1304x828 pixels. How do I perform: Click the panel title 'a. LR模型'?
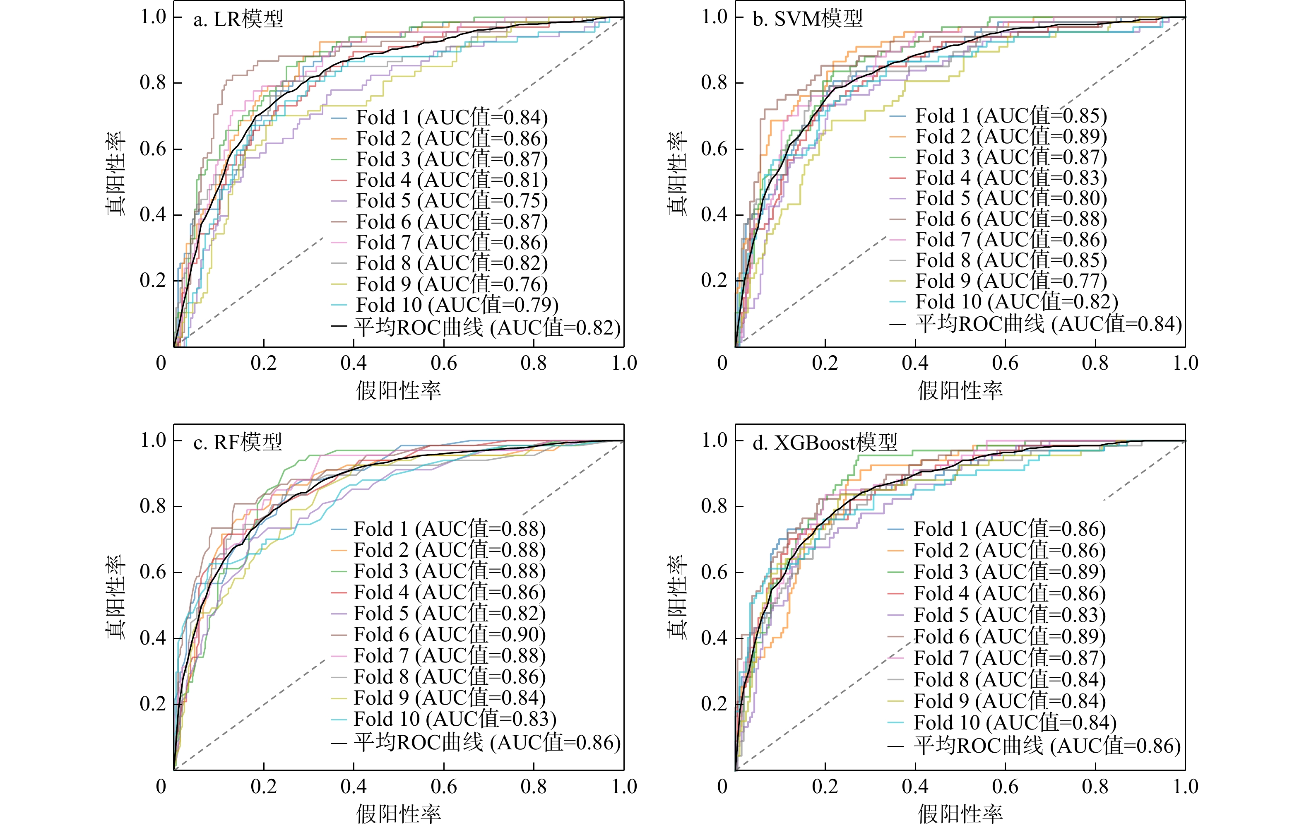pyautogui.click(x=238, y=19)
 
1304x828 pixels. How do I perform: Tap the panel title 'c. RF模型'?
pyautogui.click(x=238, y=443)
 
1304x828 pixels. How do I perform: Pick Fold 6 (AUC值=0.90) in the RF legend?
pyautogui.click(x=450, y=634)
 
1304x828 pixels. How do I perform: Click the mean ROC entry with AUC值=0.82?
pyautogui.click(x=487, y=327)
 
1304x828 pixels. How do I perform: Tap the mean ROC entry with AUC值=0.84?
pyautogui.click(x=1049, y=324)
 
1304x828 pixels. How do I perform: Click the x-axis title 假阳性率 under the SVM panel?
pyautogui.click(x=960, y=390)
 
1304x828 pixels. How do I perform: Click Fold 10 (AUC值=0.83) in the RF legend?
pyautogui.click(x=455, y=719)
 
